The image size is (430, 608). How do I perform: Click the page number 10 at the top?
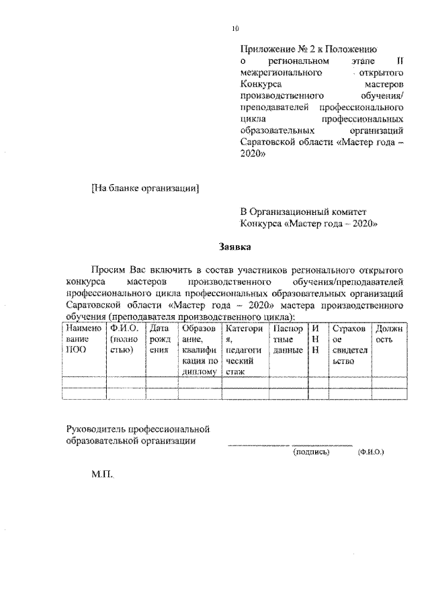pos(235,28)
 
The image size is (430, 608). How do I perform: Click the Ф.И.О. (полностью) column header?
pos(125,339)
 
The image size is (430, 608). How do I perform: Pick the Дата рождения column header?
pos(159,339)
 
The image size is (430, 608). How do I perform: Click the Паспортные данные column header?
pos(287,339)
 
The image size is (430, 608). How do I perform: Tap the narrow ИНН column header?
pos(315,339)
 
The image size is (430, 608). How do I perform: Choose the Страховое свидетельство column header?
pos(348,345)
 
